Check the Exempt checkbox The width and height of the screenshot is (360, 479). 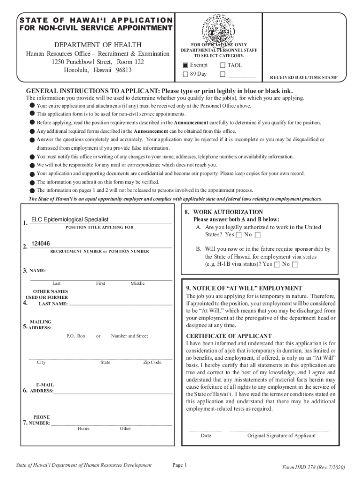185,65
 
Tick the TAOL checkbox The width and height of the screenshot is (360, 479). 222,65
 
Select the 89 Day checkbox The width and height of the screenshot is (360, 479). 185,74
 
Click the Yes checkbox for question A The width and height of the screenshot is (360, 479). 239,235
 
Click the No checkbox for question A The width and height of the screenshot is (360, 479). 258,235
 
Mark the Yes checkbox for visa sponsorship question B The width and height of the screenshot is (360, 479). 277,265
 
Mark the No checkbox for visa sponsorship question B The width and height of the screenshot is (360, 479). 295,265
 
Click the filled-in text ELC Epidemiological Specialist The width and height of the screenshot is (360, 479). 70,219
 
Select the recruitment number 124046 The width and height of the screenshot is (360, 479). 41,244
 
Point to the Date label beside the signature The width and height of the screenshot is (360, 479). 206,435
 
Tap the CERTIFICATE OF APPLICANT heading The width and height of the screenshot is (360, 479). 229,336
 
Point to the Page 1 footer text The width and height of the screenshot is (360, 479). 180,465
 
